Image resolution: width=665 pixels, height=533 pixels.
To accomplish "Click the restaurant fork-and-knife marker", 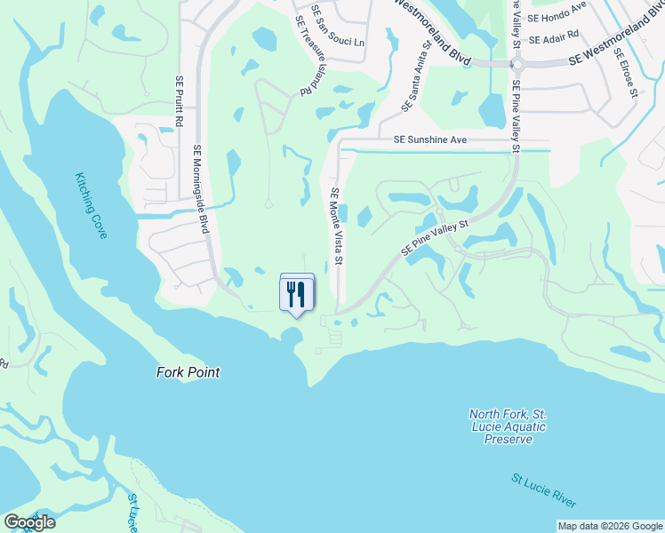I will click(x=297, y=293).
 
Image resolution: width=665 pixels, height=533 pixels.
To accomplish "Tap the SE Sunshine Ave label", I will click(x=430, y=140).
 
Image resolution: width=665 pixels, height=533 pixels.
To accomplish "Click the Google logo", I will click(x=29, y=522).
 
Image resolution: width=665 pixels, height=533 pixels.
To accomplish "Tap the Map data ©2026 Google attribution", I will click(x=610, y=526).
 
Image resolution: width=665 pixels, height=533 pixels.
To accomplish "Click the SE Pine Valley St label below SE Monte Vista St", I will click(x=435, y=240).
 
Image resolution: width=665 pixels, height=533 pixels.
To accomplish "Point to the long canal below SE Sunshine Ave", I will click(x=445, y=151).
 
